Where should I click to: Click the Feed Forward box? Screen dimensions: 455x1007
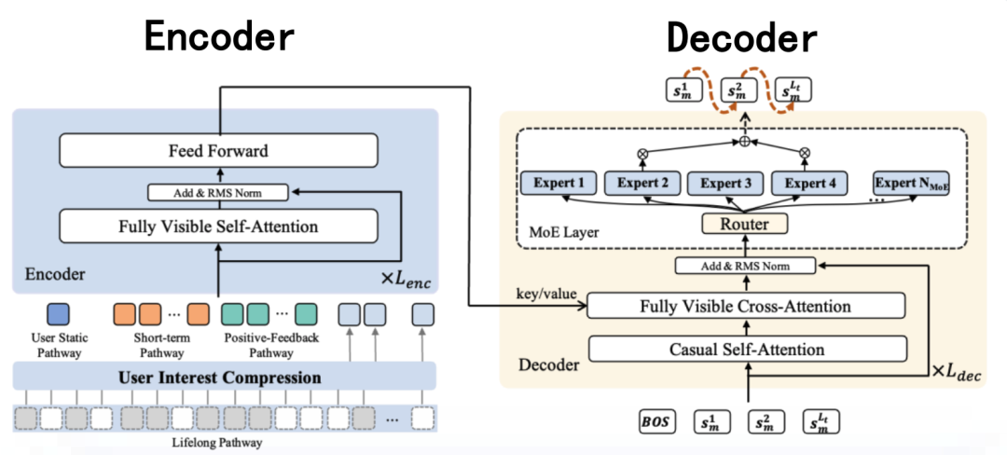click(x=218, y=150)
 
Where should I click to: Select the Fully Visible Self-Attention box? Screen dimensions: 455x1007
click(x=218, y=226)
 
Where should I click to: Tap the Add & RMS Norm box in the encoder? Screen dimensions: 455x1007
click(x=218, y=193)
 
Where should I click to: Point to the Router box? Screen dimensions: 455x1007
click(x=745, y=224)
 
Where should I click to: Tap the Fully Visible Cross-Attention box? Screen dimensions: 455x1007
click(x=746, y=306)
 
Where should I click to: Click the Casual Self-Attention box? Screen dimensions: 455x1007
click(x=746, y=350)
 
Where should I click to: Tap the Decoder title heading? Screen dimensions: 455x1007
click(x=741, y=37)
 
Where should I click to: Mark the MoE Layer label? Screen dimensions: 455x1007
click(x=563, y=231)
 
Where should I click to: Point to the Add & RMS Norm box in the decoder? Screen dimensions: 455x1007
click(x=746, y=267)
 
